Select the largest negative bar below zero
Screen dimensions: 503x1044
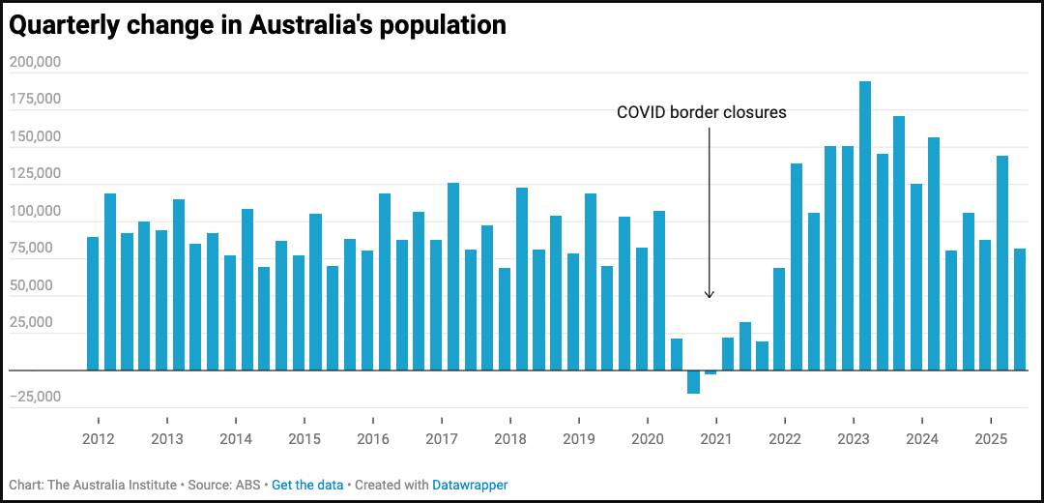click(693, 382)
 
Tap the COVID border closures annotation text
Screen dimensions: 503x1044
click(702, 112)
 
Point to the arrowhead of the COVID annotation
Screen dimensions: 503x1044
click(709, 294)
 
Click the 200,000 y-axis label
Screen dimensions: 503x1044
click(35, 62)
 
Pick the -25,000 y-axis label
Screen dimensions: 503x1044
click(35, 397)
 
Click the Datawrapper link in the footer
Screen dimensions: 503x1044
click(470, 485)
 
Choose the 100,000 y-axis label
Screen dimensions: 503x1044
click(35, 211)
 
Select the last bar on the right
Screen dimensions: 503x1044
click(1020, 310)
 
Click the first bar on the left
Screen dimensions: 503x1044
click(93, 304)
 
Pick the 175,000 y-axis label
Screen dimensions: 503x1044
click(35, 99)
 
